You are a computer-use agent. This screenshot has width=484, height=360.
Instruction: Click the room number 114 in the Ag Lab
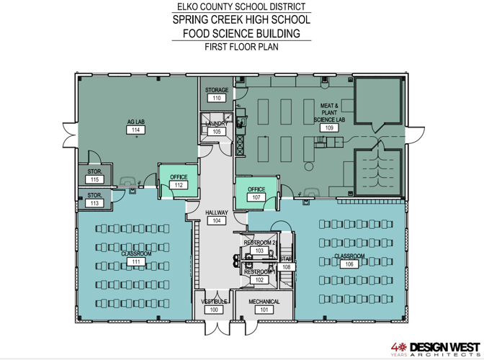pyautogui.click(x=135, y=130)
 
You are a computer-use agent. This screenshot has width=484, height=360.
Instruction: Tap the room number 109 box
pyautogui.click(x=330, y=127)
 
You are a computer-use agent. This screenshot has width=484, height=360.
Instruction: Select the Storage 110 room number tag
pyautogui.click(x=216, y=98)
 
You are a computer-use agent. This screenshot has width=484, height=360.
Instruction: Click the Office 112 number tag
pyautogui.click(x=178, y=185)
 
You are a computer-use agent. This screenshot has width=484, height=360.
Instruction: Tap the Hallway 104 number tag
pyautogui.click(x=216, y=221)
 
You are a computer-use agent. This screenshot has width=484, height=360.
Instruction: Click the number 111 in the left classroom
pyautogui.click(x=135, y=263)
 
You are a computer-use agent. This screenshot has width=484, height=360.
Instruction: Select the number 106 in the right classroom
pyautogui.click(x=349, y=264)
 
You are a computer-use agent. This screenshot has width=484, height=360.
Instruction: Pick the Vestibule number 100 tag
pyautogui.click(x=213, y=309)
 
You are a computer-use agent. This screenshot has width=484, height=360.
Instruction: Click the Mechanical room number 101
pyautogui.click(x=264, y=310)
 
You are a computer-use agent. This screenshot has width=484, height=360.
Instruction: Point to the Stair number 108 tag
pyautogui.click(x=286, y=266)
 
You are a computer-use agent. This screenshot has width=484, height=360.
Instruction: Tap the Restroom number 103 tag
pyautogui.click(x=260, y=251)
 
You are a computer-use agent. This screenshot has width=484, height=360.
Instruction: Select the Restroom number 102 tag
pyautogui.click(x=260, y=280)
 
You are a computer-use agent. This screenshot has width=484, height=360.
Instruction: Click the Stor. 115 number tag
pyautogui.click(x=94, y=179)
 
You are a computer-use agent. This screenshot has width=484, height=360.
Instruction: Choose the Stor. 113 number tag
pyautogui.click(x=94, y=203)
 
